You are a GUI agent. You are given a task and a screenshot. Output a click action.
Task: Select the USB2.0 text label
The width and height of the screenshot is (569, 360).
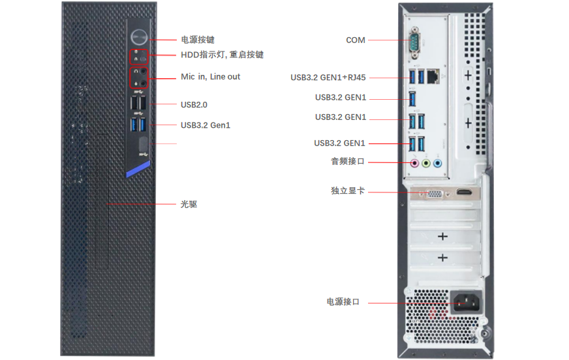[x=194, y=104]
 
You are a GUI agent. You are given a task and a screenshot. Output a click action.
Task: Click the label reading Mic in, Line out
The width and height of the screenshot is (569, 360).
[x=210, y=77]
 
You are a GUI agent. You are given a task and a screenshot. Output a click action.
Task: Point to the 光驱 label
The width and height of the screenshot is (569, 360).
[x=189, y=204]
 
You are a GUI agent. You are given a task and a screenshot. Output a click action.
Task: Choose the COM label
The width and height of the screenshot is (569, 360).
[x=356, y=40]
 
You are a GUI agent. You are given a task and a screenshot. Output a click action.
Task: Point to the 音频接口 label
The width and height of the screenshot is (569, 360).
[x=348, y=161]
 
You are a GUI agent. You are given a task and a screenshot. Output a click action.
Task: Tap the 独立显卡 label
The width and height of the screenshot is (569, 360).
[x=348, y=191]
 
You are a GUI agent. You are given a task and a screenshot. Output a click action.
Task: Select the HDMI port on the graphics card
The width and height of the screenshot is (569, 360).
[x=464, y=193]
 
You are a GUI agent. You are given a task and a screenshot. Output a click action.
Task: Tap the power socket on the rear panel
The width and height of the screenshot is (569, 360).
[x=465, y=302]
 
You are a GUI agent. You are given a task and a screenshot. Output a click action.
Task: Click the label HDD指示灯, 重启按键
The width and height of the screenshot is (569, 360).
[x=222, y=55]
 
